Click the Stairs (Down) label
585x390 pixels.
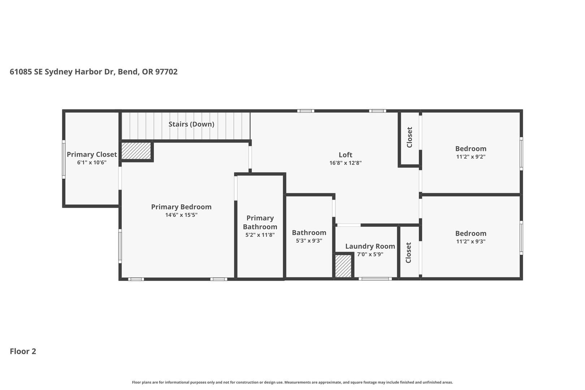pyautogui.click(x=191, y=124)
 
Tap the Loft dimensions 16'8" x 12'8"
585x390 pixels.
pyautogui.click(x=345, y=163)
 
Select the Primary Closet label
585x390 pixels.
pyautogui.click(x=92, y=155)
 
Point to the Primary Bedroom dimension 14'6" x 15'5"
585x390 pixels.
pyautogui.click(x=181, y=215)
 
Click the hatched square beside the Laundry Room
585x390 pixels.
pyautogui.click(x=343, y=266)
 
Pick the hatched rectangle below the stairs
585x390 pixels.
pyautogui.click(x=136, y=151)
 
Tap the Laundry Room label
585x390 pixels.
pyautogui.click(x=370, y=246)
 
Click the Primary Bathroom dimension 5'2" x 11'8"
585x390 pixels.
pyautogui.click(x=260, y=235)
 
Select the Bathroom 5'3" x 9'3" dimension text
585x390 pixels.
pyautogui.click(x=309, y=240)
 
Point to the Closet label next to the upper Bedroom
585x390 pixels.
pyautogui.click(x=409, y=137)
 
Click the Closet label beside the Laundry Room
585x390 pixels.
pyautogui.click(x=408, y=253)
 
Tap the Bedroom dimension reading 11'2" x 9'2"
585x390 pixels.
pyautogui.click(x=471, y=157)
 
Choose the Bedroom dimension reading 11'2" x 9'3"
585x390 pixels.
pyautogui.click(x=471, y=241)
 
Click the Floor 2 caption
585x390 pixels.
pyautogui.click(x=23, y=351)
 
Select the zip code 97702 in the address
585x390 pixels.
pyautogui.click(x=166, y=72)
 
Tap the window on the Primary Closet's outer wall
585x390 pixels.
pyautogui.click(x=64, y=159)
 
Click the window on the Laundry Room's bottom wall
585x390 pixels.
pyautogui.click(x=375, y=279)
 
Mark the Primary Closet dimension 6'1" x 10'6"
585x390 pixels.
pyautogui.click(x=92, y=162)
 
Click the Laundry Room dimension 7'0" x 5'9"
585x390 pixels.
pyautogui.click(x=370, y=255)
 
